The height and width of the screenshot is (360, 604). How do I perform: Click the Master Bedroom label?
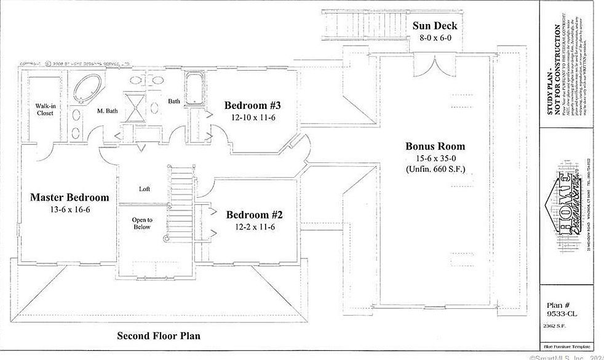(x=70, y=198)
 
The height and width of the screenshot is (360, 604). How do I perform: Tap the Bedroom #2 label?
(x=254, y=215)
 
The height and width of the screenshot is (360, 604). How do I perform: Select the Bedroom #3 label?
(x=253, y=104)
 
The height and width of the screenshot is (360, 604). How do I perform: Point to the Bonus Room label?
(x=435, y=146)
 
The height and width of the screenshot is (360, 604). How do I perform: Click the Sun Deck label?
(x=435, y=26)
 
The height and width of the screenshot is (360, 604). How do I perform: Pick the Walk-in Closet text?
(x=45, y=109)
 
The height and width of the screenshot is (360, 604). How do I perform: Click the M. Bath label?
(x=108, y=111)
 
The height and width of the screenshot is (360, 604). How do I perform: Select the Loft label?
(x=145, y=189)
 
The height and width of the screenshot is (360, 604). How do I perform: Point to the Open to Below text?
(x=142, y=223)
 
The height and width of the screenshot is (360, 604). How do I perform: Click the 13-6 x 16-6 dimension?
(x=70, y=210)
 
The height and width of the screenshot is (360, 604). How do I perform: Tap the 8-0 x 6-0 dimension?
(x=435, y=38)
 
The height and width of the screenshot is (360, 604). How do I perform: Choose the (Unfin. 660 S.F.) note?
(x=435, y=169)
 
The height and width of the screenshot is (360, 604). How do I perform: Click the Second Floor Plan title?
(x=159, y=336)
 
